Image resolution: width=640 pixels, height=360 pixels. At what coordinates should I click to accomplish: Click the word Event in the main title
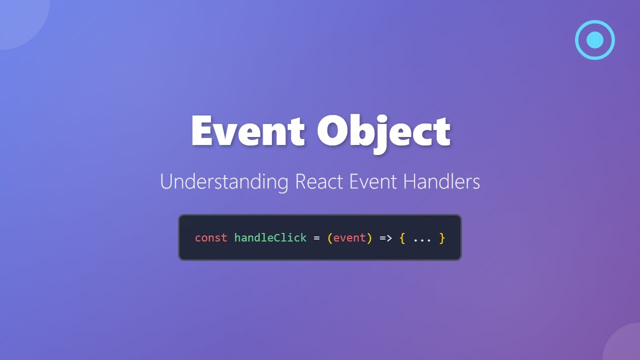247,131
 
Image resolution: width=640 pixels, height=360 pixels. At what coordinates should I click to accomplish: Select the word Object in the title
383,131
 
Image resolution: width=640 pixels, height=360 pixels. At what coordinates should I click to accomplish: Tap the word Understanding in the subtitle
224,181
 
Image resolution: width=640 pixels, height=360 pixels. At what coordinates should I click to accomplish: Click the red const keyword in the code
211,238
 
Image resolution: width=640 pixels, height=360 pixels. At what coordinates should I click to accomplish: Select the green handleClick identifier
270,238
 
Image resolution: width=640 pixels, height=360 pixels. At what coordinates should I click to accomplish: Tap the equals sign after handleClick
316,238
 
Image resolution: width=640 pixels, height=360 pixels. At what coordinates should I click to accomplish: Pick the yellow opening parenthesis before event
329,238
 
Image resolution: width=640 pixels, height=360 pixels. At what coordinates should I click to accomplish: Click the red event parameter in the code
349,238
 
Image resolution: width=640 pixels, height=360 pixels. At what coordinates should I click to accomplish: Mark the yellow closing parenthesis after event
369,238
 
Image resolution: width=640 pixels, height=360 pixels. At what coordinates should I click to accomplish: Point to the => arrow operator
385,238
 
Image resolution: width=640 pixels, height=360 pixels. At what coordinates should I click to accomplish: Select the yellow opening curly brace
402,238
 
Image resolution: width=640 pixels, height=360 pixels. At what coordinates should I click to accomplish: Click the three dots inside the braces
422,239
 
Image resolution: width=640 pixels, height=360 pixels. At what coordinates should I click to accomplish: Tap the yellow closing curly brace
442,238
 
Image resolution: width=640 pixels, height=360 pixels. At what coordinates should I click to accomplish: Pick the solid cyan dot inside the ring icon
595,40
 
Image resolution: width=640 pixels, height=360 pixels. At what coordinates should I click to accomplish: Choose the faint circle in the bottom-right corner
625,345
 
